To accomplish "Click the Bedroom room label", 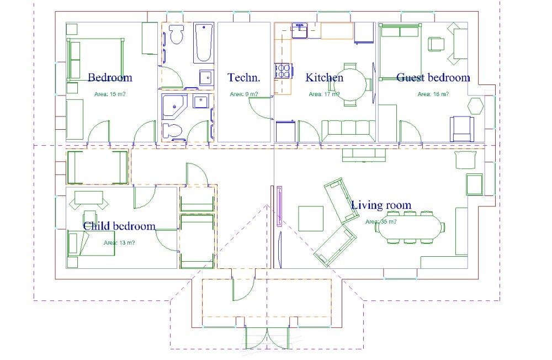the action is click(110, 77).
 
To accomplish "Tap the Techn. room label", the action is click(243, 77).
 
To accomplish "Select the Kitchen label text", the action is click(324, 77).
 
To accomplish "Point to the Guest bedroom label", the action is click(433, 77).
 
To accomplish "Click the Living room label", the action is click(381, 205).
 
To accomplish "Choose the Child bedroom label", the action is click(119, 226).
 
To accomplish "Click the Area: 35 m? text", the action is click(381, 221).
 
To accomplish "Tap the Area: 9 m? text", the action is click(243, 94).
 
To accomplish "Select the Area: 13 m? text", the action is click(119, 243).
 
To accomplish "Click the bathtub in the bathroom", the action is click(204, 43).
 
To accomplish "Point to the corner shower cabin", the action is click(174, 107).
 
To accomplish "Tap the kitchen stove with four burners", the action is click(283, 71).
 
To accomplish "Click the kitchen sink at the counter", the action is click(300, 30).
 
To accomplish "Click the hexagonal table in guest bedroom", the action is click(475, 105).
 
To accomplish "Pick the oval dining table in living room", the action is click(410, 227).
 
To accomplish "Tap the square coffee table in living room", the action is click(311, 219).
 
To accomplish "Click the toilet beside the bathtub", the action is click(177, 34).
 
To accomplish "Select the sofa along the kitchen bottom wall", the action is click(348, 131).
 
